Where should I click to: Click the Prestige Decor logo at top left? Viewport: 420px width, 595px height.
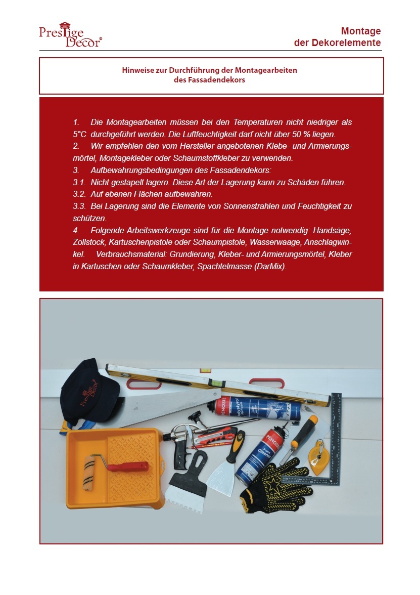[x=70, y=35]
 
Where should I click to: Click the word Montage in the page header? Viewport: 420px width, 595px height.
[x=361, y=31]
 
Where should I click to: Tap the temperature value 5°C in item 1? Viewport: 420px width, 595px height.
[x=79, y=135]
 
